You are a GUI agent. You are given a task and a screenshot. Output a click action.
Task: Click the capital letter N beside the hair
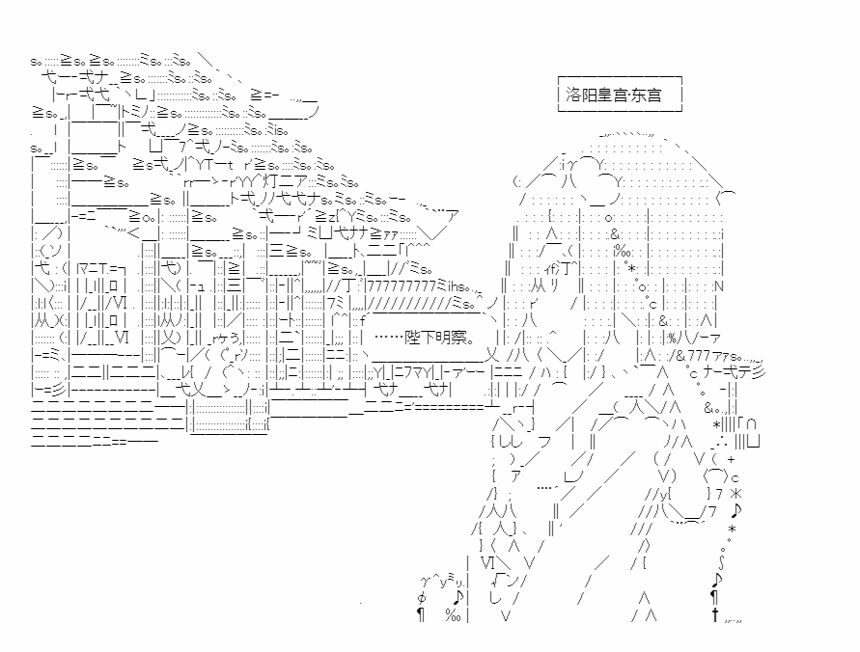coord(719,286)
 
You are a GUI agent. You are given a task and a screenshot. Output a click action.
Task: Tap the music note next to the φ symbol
coord(458,597)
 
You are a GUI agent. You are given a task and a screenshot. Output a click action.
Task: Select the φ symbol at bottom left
coord(421,597)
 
